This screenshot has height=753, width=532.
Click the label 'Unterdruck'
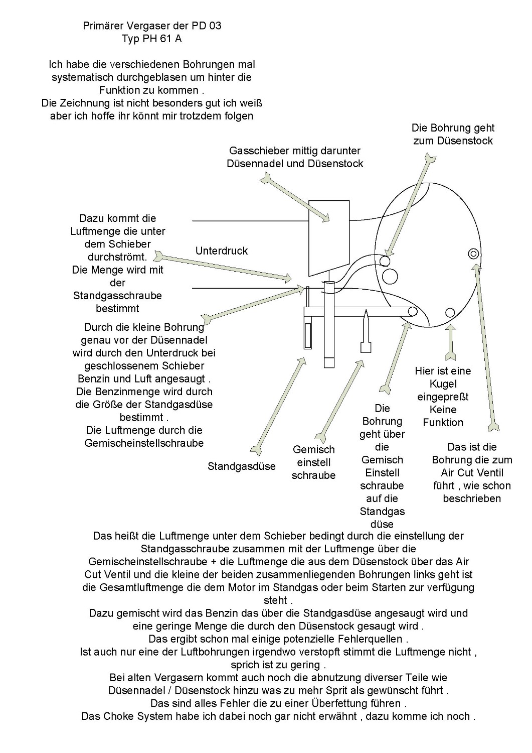click(x=221, y=251)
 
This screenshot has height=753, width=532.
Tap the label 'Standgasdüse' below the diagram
click(x=242, y=466)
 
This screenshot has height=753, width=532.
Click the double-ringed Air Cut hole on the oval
click(x=473, y=254)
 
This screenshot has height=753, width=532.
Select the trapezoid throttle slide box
click(x=329, y=238)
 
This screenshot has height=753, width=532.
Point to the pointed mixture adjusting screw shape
click(x=366, y=331)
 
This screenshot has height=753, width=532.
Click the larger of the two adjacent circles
click(x=390, y=277)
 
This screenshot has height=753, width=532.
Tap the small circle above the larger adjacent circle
click(x=385, y=261)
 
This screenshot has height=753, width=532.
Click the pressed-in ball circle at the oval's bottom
click(x=450, y=313)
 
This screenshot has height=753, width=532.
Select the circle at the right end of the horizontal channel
click(x=413, y=312)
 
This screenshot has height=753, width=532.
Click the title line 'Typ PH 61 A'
click(x=152, y=39)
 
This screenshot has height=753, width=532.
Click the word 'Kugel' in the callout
click(x=443, y=384)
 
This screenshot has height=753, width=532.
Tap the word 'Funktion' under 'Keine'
click(x=443, y=423)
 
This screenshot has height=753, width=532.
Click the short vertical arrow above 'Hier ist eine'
click(x=450, y=342)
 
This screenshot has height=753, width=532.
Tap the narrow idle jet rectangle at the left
click(x=307, y=336)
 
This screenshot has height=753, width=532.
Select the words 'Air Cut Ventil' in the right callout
click(x=472, y=473)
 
